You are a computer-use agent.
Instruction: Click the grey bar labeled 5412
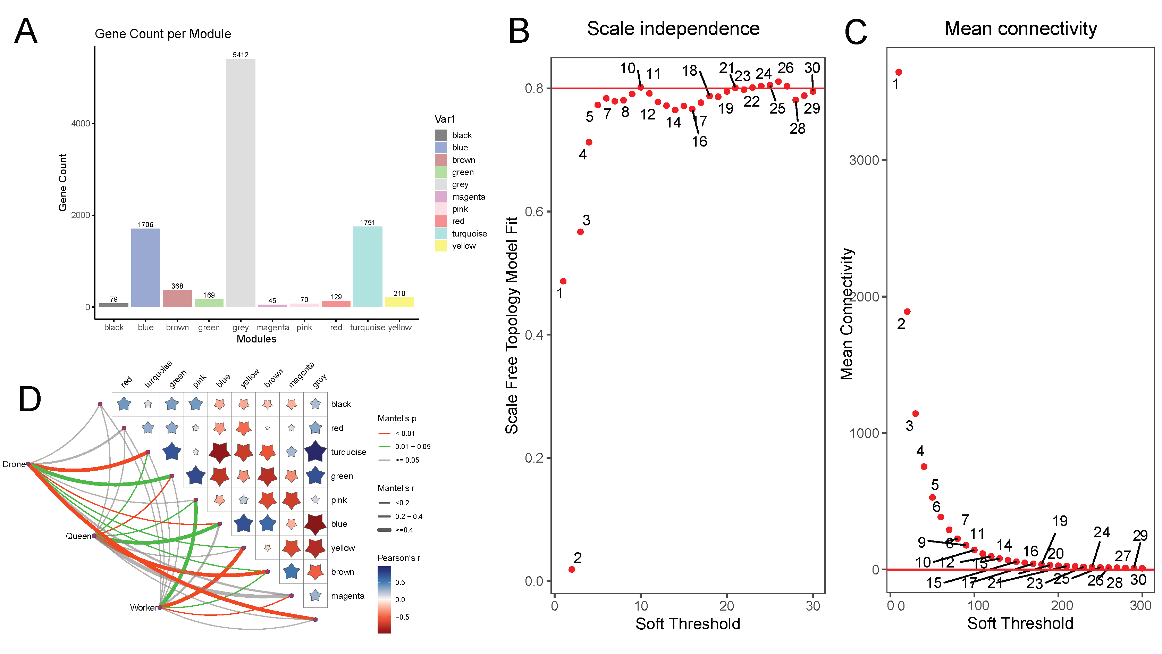[x=241, y=183]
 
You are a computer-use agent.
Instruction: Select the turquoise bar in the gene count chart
[x=367, y=266]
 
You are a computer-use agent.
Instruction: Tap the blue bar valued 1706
[x=145, y=268]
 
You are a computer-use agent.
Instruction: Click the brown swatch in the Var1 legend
[x=440, y=160]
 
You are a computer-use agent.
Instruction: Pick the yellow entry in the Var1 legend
[x=463, y=246]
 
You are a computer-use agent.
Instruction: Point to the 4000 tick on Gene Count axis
[x=81, y=123]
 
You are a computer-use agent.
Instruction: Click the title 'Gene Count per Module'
[x=163, y=34]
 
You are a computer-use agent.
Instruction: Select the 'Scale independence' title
[x=673, y=28]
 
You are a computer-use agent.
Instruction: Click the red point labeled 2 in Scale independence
[x=572, y=569]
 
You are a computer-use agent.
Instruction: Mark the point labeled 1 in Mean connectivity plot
[x=899, y=72]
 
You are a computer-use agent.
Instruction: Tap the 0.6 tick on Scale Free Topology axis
[x=534, y=212]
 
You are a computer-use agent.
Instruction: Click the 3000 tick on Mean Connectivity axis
[x=864, y=160]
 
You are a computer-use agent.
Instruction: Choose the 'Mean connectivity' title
[x=1020, y=28]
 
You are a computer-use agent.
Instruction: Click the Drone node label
[x=14, y=464]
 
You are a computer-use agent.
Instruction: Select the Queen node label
[x=78, y=536]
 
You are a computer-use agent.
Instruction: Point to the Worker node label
[x=143, y=607]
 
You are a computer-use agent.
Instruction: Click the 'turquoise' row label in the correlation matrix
[x=348, y=452]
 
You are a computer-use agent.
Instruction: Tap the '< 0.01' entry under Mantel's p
[x=405, y=433]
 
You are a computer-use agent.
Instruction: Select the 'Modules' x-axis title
[x=256, y=339]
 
